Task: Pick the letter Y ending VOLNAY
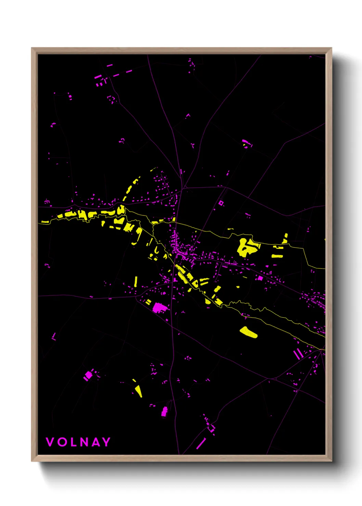(x=106, y=442)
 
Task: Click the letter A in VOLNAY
(x=95, y=442)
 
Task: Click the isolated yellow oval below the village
(x=248, y=332)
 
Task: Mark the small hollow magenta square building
(x=221, y=203)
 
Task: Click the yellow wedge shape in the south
(x=138, y=391)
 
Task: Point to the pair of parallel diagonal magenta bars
(x=298, y=354)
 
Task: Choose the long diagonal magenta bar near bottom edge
(x=201, y=443)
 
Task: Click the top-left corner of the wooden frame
(x=32, y=48)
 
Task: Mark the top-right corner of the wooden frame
(x=331, y=48)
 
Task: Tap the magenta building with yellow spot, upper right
(x=246, y=143)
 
